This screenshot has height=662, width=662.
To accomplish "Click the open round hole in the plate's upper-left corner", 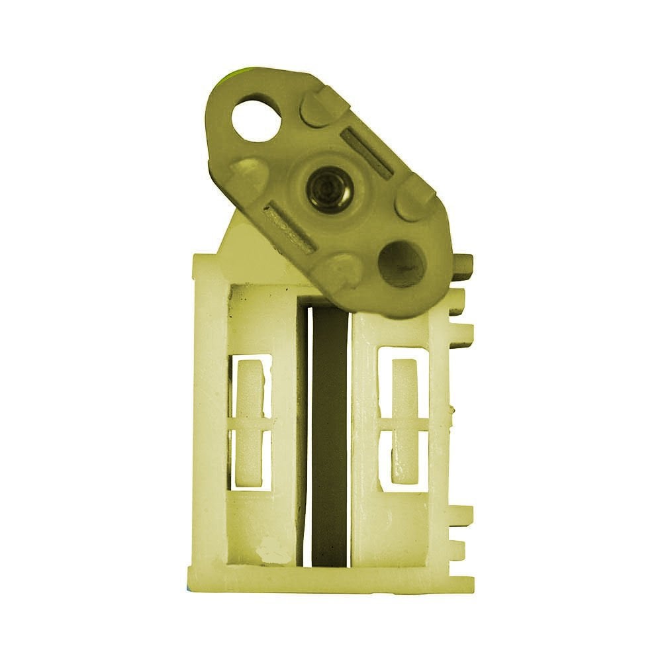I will click(x=256, y=119).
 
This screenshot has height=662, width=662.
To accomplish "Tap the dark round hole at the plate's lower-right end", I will click(x=401, y=263).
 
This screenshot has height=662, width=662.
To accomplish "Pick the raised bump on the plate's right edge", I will click(x=415, y=197).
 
